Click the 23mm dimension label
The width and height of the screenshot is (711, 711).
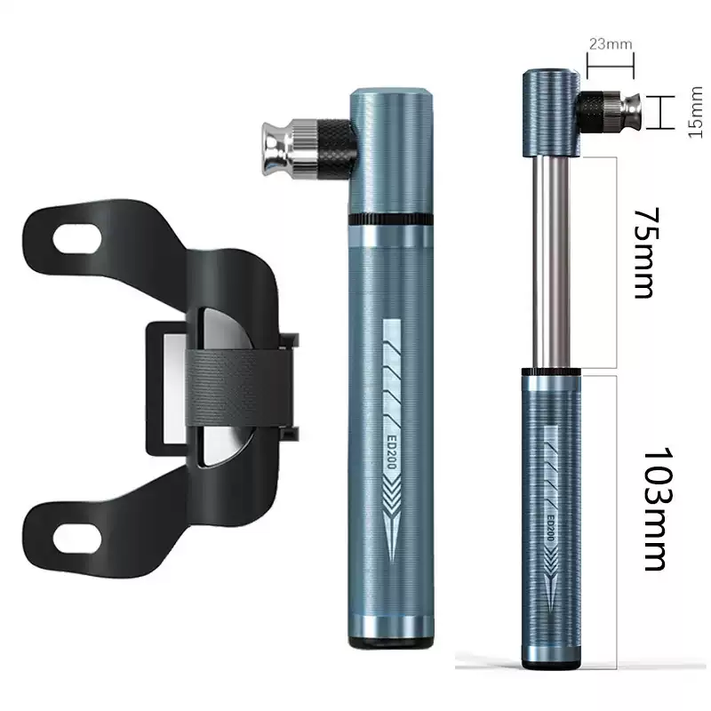click(611, 44)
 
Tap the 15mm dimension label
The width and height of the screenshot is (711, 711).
click(695, 113)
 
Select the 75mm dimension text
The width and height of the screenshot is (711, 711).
click(646, 253)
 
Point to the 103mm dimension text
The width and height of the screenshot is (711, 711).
click(658, 508)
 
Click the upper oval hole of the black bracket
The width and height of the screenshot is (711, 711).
click(77, 238)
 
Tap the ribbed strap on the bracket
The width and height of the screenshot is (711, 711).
click(238, 388)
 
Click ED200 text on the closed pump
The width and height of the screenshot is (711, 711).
click(392, 452)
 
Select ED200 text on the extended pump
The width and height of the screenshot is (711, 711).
click(550, 527)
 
